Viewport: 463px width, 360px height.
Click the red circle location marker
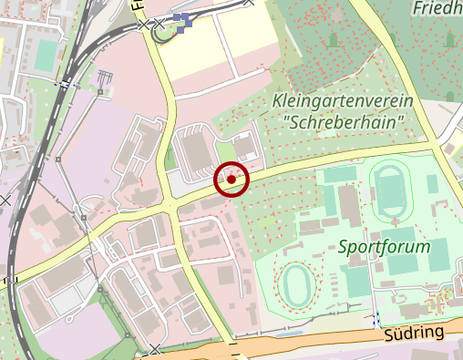231,180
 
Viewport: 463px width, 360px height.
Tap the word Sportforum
384,246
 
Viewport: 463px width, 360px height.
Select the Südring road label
415,334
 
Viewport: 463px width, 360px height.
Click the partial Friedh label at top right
437,9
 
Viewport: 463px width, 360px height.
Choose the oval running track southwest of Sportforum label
296,284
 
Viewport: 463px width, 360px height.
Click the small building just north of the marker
243,146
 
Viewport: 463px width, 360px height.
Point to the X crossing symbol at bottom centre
156,347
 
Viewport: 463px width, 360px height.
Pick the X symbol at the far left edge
5,198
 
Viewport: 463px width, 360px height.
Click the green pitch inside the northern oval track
394,192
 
